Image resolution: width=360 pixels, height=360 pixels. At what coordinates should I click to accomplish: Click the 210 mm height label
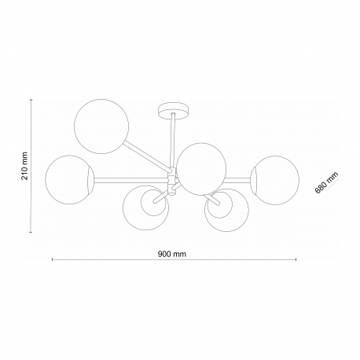(x=24, y=166)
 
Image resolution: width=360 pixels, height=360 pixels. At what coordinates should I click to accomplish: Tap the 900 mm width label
(x=172, y=254)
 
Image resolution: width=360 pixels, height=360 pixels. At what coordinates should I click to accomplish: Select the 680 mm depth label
(x=326, y=182)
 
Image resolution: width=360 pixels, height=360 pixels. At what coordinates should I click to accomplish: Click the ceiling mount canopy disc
(x=174, y=110)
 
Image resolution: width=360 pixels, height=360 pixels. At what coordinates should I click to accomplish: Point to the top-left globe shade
(x=101, y=127)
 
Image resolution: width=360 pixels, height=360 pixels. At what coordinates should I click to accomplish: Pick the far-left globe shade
(x=69, y=180)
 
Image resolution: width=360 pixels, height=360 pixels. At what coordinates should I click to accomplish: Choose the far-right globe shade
(x=275, y=180)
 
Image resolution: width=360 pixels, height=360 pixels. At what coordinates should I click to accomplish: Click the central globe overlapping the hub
(x=201, y=169)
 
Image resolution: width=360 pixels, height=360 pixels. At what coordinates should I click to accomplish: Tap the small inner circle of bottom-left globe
(x=153, y=203)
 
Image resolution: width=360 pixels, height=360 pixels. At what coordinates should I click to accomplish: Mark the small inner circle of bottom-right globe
(x=219, y=204)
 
